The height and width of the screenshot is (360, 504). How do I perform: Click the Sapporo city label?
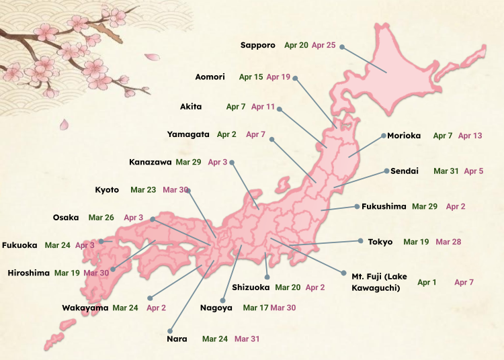click(258, 45)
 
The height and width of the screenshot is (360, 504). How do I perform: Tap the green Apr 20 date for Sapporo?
click(296, 45)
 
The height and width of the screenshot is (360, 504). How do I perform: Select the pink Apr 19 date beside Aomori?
click(278, 77)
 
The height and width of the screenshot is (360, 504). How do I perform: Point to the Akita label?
click(191, 107)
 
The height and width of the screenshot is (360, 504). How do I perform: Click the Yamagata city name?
click(188, 134)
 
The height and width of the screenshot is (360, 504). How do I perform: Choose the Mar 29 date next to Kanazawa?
click(188, 162)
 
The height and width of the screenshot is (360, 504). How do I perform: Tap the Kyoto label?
click(107, 190)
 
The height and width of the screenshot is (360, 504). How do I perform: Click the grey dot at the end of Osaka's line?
click(153, 218)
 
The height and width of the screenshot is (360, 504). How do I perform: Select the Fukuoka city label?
click(19, 245)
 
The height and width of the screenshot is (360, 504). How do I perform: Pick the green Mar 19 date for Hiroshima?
click(67, 273)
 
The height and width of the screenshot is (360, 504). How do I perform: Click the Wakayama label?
click(85, 308)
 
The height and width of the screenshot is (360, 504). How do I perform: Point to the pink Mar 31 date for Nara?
click(247, 339)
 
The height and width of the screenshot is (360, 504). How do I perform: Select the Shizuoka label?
click(251, 287)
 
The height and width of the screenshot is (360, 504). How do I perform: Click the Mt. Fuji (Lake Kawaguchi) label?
click(376, 282)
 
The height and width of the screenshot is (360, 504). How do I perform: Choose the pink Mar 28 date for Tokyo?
click(448, 241)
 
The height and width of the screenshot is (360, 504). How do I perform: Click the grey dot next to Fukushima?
click(356, 206)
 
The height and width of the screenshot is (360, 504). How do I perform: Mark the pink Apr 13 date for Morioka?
click(470, 136)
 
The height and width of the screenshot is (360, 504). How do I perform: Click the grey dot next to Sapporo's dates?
click(342, 47)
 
